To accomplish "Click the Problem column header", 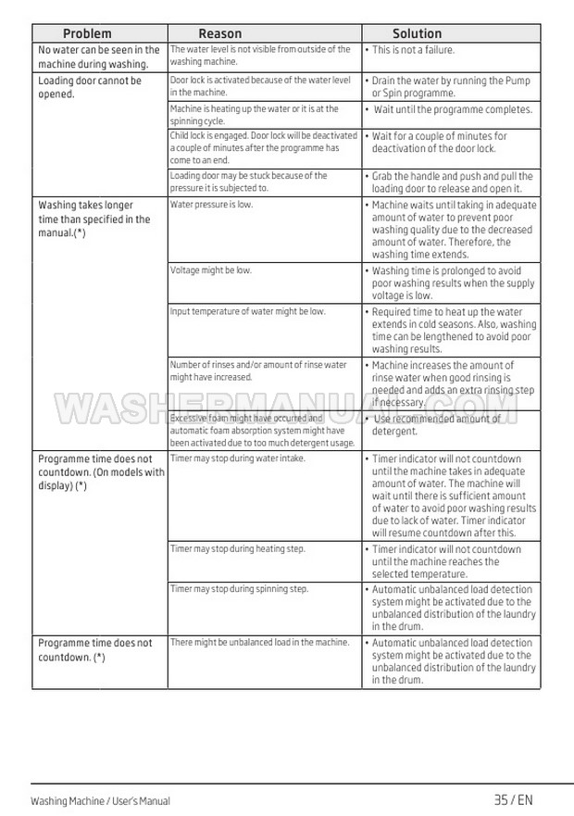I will pos(87,33).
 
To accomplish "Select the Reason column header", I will pos(220,33).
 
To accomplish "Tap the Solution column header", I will pos(417,33).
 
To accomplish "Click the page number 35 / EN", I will pos(514,800).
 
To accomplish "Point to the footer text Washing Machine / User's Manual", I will pos(100,801).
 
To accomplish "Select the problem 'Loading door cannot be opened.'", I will pos(89,87).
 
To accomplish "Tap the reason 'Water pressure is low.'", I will pos(211,205).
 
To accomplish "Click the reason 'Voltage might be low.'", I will pos(210,270).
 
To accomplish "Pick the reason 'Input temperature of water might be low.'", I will pos(247,311).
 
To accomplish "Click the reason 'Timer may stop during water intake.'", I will pos(237,458).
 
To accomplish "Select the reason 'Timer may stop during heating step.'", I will pos(237,549).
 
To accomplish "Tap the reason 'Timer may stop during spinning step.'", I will pos(239,589).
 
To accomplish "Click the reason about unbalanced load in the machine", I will pos(259,642).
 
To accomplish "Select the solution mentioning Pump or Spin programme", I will pos(451,87).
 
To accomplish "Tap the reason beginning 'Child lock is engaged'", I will pos(263,147).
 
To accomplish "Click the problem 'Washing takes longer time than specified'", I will pos(94,219).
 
